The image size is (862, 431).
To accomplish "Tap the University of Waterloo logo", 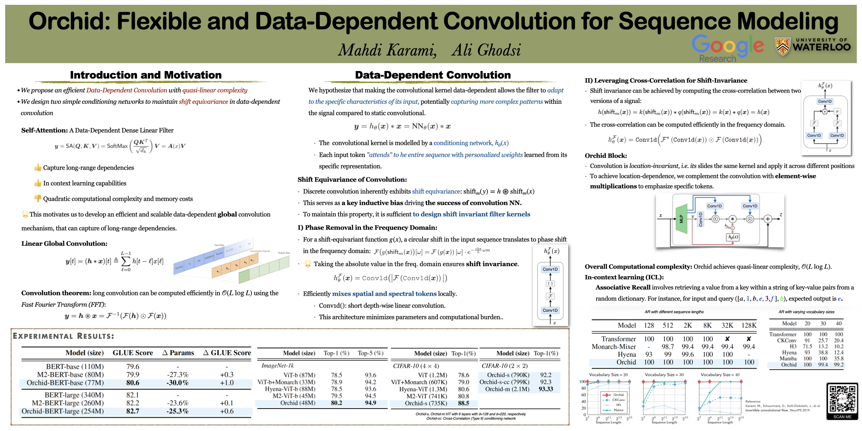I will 813,46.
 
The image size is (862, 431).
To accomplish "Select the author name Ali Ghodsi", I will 486,50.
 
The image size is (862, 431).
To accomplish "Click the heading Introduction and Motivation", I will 146,75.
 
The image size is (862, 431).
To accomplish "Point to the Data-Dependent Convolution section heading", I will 433,75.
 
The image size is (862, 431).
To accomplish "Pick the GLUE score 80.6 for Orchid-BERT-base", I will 133,383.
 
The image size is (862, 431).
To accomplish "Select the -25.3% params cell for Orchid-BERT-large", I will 178,411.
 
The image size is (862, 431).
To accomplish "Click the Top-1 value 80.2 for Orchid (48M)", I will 336,403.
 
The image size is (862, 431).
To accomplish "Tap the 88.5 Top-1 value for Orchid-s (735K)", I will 463,403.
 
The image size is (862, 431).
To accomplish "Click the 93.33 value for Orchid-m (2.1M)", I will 546,389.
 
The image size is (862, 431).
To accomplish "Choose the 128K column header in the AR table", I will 749,325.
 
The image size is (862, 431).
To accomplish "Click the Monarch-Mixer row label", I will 613,346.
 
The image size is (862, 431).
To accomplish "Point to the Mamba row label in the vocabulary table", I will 788,358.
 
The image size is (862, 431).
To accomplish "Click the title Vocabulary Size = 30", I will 664,375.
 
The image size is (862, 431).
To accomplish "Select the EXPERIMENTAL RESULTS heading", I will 63,336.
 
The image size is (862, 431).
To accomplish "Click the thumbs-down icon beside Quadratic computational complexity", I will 38,198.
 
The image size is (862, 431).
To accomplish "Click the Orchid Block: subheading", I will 605,156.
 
